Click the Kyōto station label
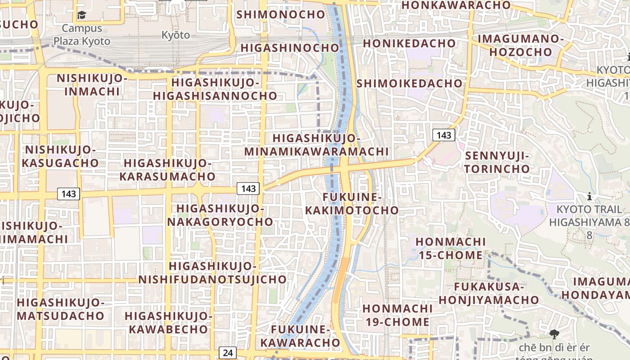[175, 35]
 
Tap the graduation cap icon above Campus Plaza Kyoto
[81, 15]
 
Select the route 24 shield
[228, 352]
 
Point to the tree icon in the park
[554, 333]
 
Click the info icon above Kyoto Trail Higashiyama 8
[589, 197]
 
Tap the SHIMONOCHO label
[280, 14]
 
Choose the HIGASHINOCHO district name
[290, 48]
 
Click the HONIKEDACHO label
[409, 44]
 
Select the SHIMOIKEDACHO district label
[409, 83]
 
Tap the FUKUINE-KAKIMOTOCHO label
[352, 204]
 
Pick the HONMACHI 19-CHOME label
[397, 315]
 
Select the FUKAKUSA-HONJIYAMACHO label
[489, 293]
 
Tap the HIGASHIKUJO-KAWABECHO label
[168, 322]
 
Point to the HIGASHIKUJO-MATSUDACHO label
[60, 309]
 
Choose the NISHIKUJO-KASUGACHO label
[60, 156]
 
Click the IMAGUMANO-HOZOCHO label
[520, 45]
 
